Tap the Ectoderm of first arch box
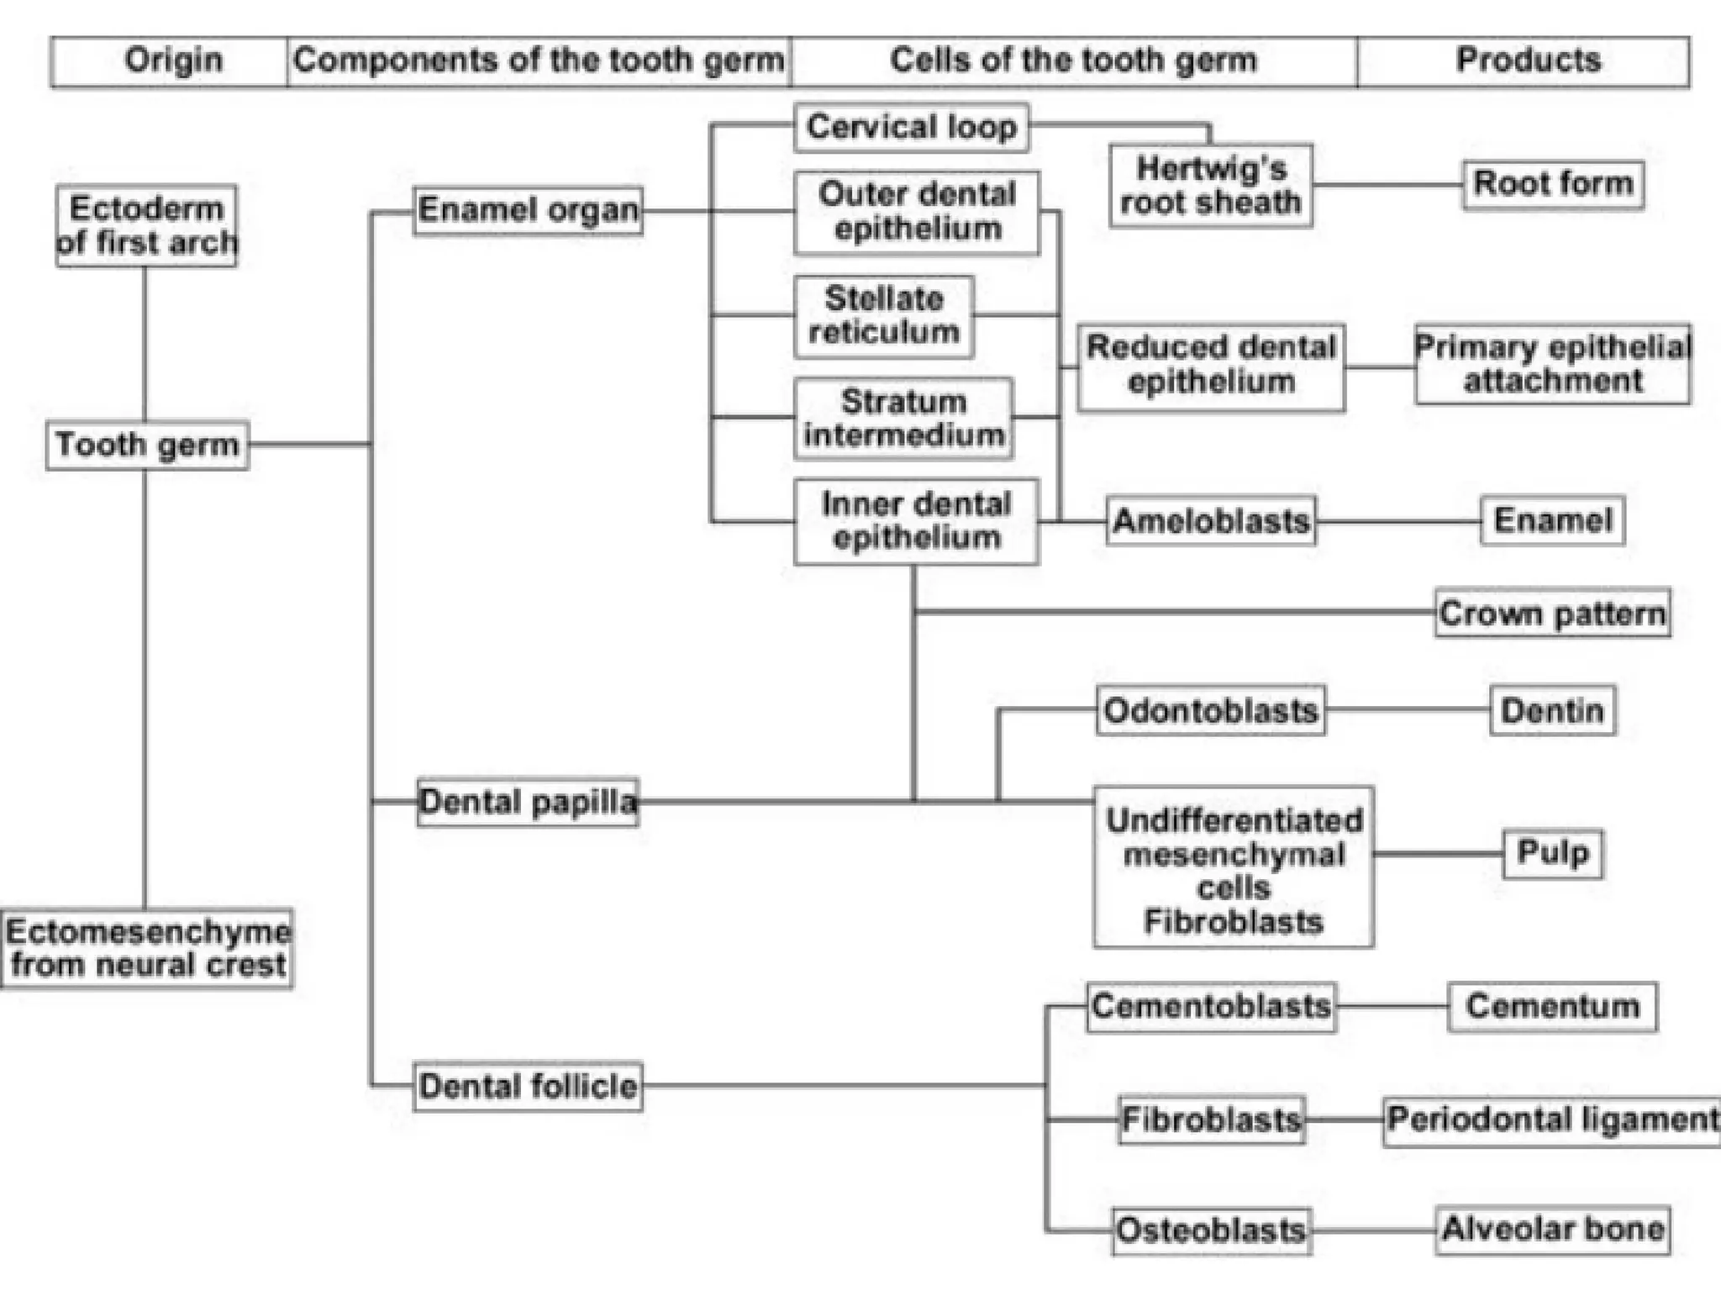pos(146,226)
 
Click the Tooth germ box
pos(147,445)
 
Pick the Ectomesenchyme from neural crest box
pos(148,948)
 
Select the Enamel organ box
pos(528,210)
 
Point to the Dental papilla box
pos(528,802)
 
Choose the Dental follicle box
pos(528,1086)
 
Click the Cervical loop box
pos(912,128)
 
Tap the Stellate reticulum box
pos(884,316)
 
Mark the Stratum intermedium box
pos(903,419)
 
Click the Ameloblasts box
pos(1210,521)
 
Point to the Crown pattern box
pos(1552,613)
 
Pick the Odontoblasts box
pos(1210,711)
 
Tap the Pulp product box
pos(1552,853)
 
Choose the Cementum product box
pos(1552,1006)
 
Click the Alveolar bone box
pos(1552,1230)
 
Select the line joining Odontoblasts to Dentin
pos(1408,711)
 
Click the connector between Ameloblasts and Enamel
pos(1397,521)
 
